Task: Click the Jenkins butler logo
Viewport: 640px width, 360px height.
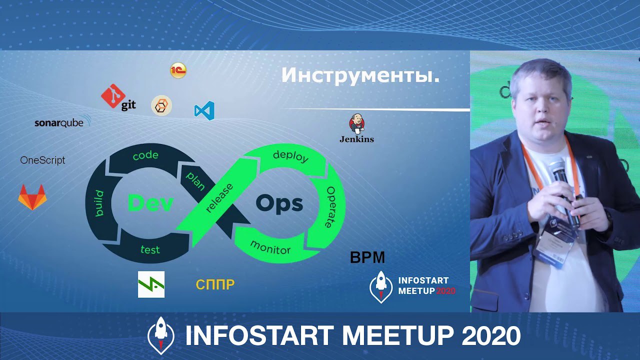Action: (356, 123)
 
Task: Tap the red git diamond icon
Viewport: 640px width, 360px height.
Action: (113, 96)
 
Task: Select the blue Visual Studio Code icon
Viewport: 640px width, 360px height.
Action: (204, 110)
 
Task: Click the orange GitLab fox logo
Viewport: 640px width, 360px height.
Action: (32, 197)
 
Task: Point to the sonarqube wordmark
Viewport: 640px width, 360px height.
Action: (62, 122)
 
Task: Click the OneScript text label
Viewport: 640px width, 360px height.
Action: (42, 160)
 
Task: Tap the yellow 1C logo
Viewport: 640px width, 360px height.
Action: (178, 70)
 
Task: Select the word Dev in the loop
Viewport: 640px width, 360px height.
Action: (150, 203)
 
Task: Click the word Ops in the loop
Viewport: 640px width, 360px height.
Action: (279, 203)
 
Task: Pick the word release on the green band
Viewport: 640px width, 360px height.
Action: (219, 198)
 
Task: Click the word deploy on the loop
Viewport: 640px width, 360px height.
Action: (290, 156)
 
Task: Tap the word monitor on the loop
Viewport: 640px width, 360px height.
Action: (270, 247)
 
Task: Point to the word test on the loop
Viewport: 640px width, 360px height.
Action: (150, 249)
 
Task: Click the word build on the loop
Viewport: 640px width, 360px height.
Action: (99, 203)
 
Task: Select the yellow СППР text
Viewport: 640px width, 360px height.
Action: (215, 284)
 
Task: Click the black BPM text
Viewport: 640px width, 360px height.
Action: (367, 257)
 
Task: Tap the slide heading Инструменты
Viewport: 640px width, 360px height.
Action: (360, 75)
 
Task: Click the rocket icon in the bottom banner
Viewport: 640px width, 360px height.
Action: (161, 335)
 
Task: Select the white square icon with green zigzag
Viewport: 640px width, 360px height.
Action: (151, 284)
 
